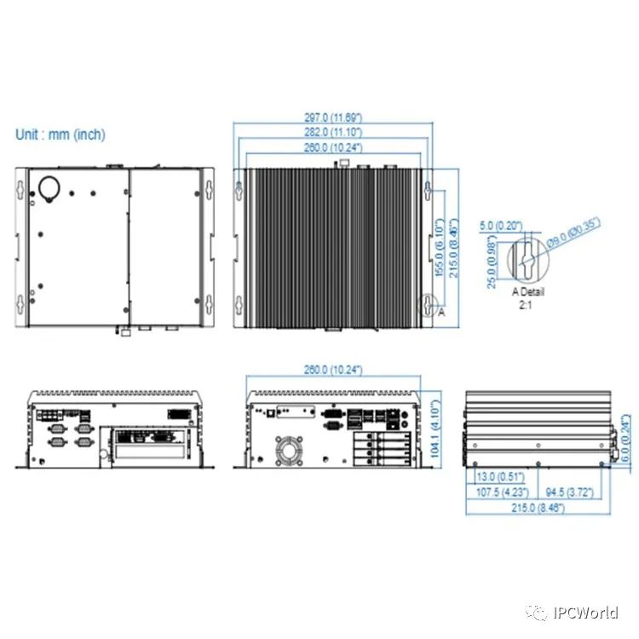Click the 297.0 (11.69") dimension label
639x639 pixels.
[333, 117]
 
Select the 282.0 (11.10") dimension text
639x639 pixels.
[333, 132]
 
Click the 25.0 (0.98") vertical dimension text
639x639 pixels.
[492, 267]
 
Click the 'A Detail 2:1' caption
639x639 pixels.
[527, 297]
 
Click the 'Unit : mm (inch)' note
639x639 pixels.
[60, 135]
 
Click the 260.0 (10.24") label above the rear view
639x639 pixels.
[332, 370]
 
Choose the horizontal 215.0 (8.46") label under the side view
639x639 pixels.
[538, 508]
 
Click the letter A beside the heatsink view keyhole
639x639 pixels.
[441, 313]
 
